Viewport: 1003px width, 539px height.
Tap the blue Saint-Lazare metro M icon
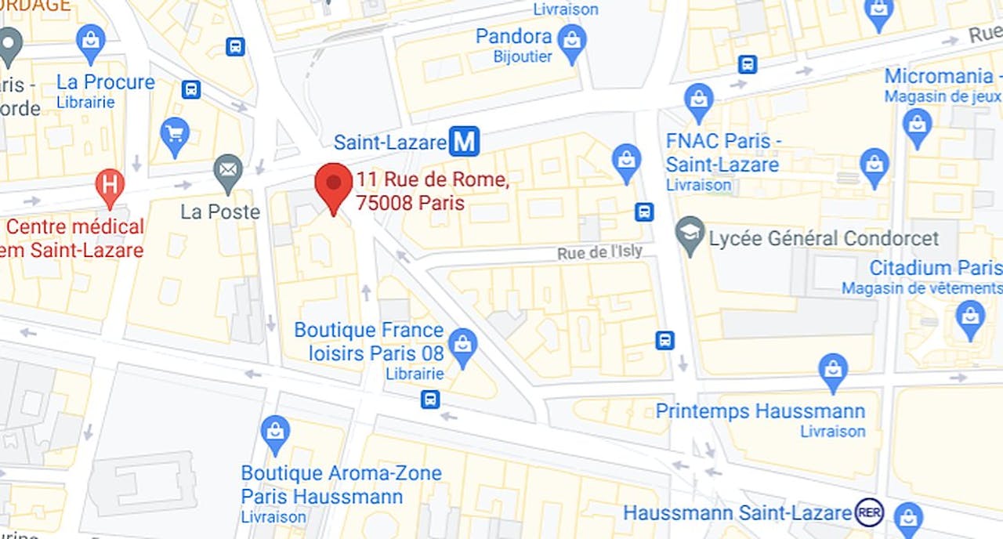(x=464, y=142)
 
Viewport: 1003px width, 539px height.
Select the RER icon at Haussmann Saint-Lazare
(x=869, y=512)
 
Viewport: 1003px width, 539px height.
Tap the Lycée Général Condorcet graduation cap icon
(x=690, y=234)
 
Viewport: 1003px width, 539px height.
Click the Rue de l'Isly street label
(x=599, y=252)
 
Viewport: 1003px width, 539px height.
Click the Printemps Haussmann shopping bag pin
(x=832, y=371)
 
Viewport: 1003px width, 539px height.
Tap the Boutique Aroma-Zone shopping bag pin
(x=275, y=432)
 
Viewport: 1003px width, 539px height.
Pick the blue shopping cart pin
(x=175, y=135)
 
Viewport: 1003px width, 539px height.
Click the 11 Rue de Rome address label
(x=432, y=191)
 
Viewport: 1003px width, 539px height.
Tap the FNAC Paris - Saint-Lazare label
(x=722, y=153)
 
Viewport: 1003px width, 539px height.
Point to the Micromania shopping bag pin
(x=916, y=125)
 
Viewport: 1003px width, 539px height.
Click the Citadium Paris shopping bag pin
(x=970, y=317)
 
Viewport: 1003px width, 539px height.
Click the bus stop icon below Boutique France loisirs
(x=429, y=400)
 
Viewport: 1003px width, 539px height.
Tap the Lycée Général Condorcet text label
(x=824, y=238)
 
